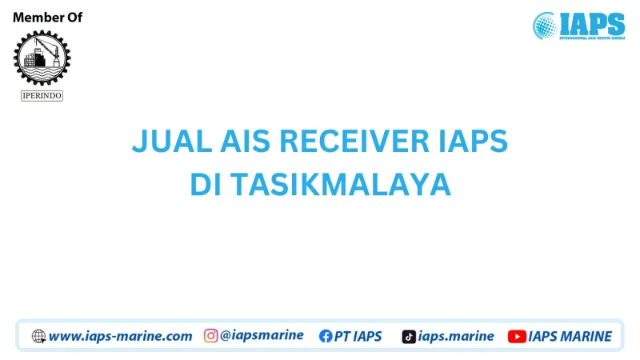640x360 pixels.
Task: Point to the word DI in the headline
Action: pyautogui.click(x=205, y=185)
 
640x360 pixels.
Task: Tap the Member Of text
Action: pyautogui.click(x=47, y=18)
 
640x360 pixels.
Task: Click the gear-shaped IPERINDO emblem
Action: pyautogui.click(x=42, y=58)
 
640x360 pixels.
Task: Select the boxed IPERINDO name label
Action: pyautogui.click(x=42, y=95)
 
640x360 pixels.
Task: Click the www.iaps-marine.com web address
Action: pyautogui.click(x=121, y=336)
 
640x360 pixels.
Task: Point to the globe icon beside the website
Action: pyautogui.click(x=38, y=336)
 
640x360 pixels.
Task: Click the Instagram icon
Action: pyautogui.click(x=210, y=336)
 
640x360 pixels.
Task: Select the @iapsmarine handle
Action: pyautogui.click(x=262, y=336)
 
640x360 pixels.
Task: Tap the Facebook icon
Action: pyautogui.click(x=326, y=336)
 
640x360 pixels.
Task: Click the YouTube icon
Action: pyautogui.click(x=517, y=336)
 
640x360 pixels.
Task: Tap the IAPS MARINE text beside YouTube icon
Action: pyautogui.click(x=570, y=336)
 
